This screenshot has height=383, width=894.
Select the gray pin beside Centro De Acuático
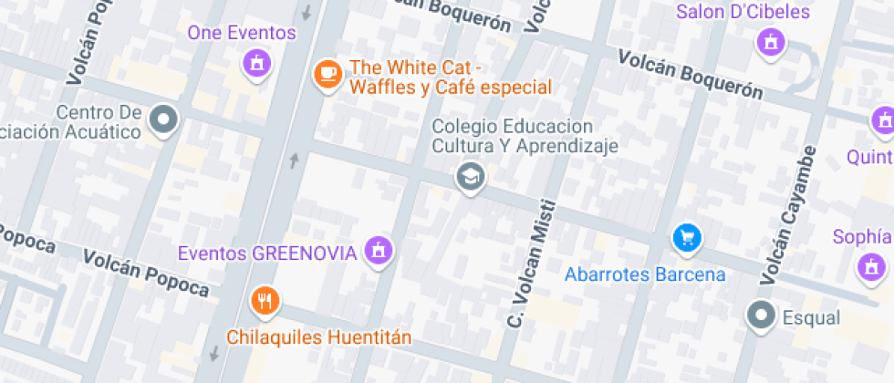(164, 119)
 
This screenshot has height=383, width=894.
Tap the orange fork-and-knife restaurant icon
(265, 300)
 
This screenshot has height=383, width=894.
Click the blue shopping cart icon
(686, 239)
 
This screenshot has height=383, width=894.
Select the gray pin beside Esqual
(760, 316)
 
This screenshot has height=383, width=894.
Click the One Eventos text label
(242, 33)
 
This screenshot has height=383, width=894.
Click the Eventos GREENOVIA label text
(266, 253)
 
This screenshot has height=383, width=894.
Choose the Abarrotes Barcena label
(645, 274)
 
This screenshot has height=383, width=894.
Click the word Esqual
(811, 317)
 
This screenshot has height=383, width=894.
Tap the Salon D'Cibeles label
(743, 12)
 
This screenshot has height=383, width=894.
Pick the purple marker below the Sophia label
(872, 267)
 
